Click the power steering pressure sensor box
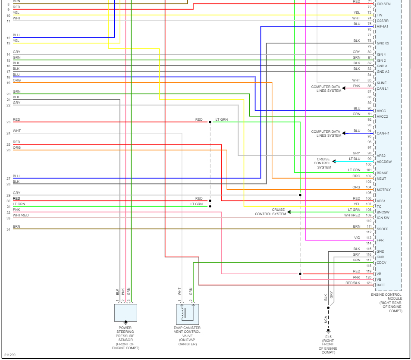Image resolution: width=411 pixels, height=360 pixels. (125, 313)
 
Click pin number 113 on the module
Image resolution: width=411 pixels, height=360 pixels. (369, 238)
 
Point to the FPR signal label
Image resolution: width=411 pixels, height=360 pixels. (380, 240)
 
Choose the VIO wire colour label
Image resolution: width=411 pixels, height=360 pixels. (357, 238)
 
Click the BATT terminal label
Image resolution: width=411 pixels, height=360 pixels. (381, 285)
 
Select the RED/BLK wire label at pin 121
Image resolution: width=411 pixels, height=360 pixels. (353, 283)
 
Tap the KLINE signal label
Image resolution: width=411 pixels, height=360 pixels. (382, 83)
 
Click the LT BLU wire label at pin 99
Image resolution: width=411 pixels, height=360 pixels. (354, 159)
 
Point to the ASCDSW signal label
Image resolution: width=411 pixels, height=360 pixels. (385, 162)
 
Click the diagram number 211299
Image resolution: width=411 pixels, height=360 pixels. (10, 355)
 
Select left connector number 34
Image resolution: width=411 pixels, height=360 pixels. (8, 229)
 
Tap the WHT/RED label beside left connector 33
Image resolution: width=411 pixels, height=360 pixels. (21, 215)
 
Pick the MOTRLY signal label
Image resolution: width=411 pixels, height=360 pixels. (384, 190)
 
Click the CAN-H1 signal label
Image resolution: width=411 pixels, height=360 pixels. (383, 133)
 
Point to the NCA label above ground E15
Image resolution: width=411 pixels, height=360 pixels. (326, 320)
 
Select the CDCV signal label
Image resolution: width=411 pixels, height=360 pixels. (381, 263)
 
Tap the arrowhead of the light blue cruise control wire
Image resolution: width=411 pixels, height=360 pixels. (334, 162)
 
